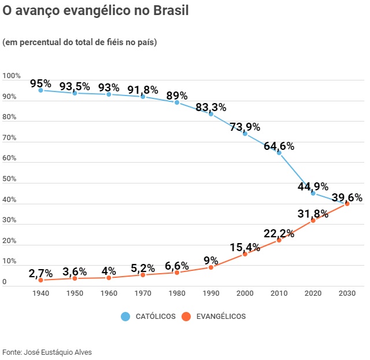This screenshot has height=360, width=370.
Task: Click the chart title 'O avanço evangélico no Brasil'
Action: (96, 11)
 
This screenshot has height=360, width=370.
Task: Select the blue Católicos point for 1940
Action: (40, 90)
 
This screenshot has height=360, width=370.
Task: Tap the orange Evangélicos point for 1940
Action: (40, 280)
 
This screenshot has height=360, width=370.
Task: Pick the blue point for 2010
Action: (279, 153)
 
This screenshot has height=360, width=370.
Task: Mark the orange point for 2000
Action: (245, 254)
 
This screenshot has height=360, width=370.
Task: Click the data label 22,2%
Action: (279, 234)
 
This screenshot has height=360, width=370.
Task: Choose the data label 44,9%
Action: (313, 187)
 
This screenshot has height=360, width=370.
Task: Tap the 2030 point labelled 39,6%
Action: (347, 204)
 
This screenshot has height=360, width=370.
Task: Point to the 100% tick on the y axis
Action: (12, 76)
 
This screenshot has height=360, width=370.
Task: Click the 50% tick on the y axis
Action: (10, 179)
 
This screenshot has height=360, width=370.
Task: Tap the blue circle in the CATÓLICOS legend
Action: (125, 317)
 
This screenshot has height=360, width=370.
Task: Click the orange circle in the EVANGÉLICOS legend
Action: (186, 317)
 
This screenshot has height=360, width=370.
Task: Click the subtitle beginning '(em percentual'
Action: (80, 42)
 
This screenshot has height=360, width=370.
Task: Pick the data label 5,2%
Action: (143, 268)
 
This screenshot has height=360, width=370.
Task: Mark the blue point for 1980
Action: (177, 102)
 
